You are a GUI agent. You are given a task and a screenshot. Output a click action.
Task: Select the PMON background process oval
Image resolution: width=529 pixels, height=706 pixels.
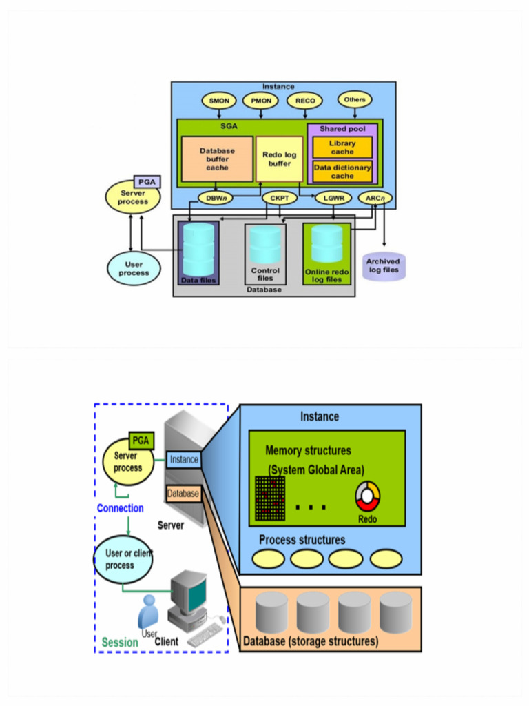pyautogui.click(x=260, y=101)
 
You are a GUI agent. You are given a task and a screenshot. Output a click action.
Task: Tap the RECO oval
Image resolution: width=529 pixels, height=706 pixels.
pyautogui.click(x=304, y=101)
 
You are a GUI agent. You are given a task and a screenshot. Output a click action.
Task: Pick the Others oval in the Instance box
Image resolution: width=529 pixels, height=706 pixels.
pyautogui.click(x=355, y=99)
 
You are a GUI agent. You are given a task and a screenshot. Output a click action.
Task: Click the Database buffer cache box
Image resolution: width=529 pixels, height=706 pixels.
pyautogui.click(x=217, y=159)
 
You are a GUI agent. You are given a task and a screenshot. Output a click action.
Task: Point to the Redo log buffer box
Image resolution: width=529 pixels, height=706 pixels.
pyautogui.click(x=279, y=159)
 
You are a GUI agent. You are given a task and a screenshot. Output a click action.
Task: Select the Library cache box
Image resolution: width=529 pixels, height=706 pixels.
pyautogui.click(x=342, y=148)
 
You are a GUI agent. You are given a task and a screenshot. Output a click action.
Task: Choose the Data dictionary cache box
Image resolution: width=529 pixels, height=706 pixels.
pyautogui.click(x=342, y=172)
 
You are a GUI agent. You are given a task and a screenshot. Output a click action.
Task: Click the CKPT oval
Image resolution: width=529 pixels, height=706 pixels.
pyautogui.click(x=279, y=199)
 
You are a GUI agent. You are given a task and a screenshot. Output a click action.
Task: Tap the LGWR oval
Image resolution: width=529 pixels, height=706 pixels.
pyautogui.click(x=333, y=199)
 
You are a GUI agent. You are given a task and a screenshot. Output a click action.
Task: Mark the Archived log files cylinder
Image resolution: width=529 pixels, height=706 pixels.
pyautogui.click(x=382, y=265)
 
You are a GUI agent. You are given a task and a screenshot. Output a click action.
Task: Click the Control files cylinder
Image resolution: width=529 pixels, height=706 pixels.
pyautogui.click(x=265, y=244)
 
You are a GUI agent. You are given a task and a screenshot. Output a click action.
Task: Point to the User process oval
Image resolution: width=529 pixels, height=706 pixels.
pyautogui.click(x=134, y=268)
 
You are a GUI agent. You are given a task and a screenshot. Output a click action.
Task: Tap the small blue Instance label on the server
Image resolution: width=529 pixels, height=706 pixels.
pyautogui.click(x=184, y=459)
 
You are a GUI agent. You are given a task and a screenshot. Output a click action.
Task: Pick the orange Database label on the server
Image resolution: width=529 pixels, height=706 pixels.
pyautogui.click(x=183, y=494)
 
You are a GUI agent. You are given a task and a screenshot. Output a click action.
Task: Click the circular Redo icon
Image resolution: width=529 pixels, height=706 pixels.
pyautogui.click(x=367, y=497)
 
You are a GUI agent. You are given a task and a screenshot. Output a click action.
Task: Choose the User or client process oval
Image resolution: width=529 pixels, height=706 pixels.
pyautogui.click(x=123, y=559)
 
